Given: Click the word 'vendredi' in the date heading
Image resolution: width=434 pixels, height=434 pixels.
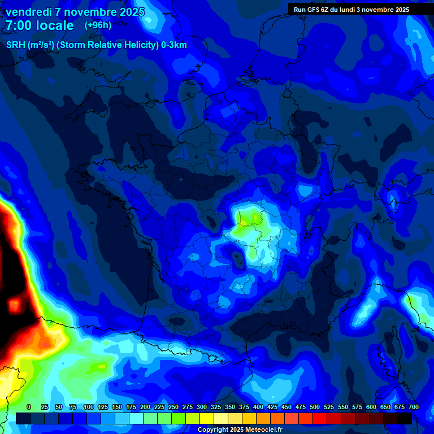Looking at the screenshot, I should tap(28, 12).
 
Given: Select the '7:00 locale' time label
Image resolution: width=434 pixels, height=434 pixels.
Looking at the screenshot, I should tap(40, 25).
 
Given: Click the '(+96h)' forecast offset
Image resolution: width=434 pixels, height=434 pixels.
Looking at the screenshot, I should tap(98, 25).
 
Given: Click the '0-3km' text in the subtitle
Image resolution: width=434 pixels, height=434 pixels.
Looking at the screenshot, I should tap(174, 45).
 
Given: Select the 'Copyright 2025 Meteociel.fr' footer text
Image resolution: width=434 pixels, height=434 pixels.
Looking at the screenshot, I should tap(240, 430).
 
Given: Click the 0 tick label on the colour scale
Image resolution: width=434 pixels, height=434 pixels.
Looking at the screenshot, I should tap(29, 407).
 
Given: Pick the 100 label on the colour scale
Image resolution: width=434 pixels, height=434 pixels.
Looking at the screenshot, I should tap(89, 407).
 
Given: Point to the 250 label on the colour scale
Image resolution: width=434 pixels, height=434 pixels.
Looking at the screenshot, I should tap(173, 407).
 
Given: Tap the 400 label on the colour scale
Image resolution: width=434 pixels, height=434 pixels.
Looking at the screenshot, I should tap(258, 407).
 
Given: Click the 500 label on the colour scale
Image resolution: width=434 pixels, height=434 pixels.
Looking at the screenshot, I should tap(315, 407).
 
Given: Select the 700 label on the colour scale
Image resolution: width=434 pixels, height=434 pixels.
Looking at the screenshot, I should tap(414, 407).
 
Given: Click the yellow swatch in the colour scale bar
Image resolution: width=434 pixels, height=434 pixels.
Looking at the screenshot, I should tap(207, 418).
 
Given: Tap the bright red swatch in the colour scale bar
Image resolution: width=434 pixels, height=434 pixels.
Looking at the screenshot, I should tap(320, 418).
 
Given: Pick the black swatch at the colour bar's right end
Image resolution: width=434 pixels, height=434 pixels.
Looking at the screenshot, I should tap(405, 418).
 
